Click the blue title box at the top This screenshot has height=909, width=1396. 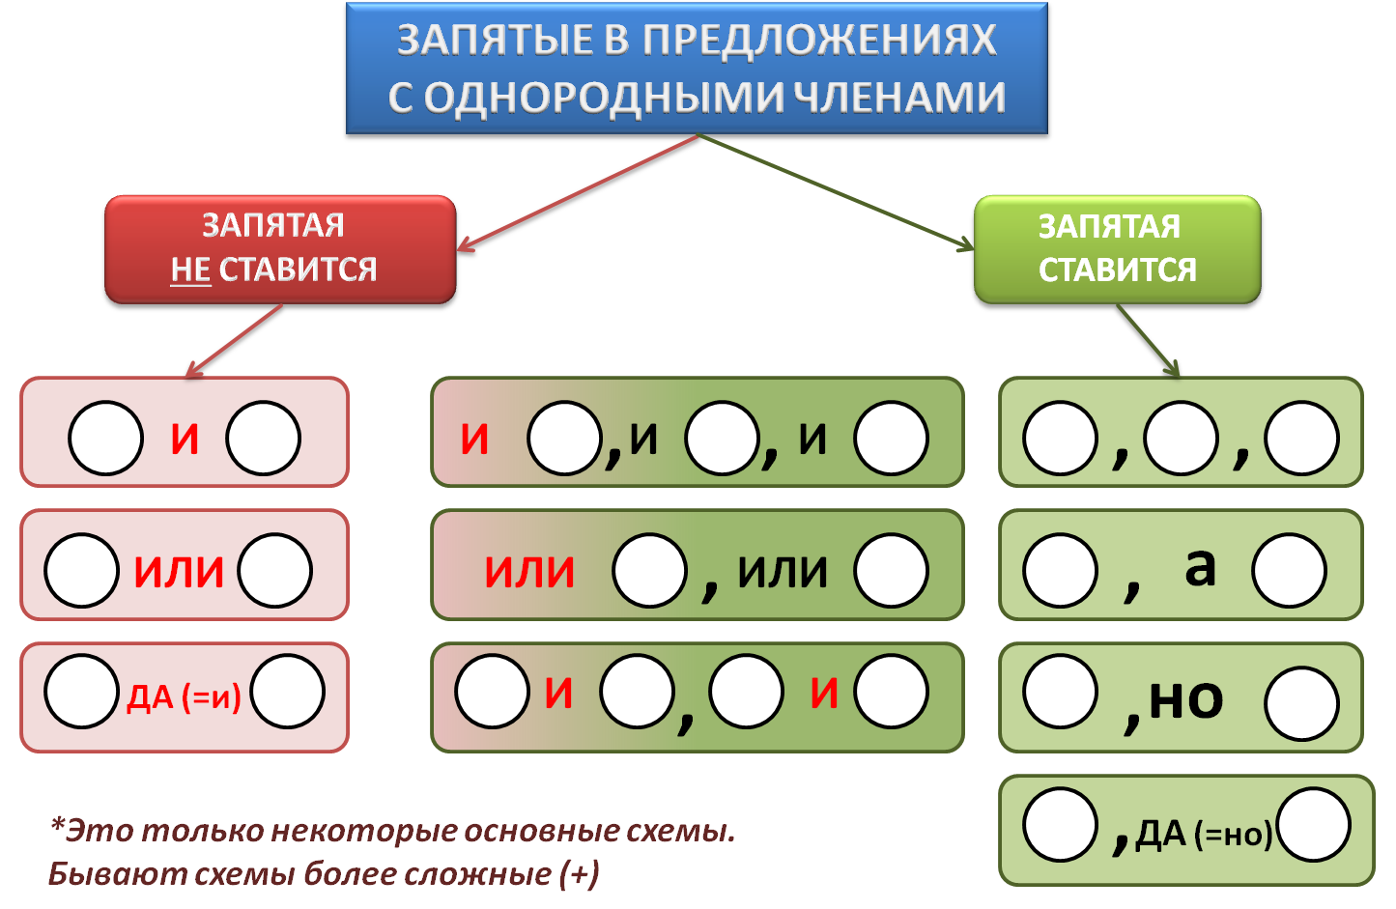(697, 68)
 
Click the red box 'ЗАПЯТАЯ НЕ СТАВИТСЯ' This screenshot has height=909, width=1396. (279, 249)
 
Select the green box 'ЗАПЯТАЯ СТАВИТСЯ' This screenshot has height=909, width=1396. (1117, 249)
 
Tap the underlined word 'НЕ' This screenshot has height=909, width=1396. (190, 270)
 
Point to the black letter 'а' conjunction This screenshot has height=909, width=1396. (1200, 566)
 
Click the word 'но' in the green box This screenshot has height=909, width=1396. (1186, 697)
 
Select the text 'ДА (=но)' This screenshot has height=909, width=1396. (1204, 834)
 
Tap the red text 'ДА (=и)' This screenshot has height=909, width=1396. (184, 696)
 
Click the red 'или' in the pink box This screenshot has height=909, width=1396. (179, 571)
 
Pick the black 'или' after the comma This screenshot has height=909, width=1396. (783, 571)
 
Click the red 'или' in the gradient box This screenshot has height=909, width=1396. (529, 571)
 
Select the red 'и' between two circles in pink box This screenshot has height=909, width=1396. (185, 439)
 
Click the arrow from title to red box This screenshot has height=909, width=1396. (580, 192)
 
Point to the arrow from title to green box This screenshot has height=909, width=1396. (836, 191)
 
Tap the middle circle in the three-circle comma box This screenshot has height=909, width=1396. (1181, 439)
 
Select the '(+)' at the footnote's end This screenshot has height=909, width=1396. (579, 873)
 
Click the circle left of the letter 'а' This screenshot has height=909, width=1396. (1061, 570)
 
